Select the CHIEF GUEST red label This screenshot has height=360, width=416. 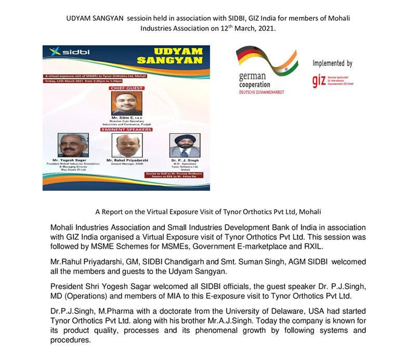pyautogui.click(x=126, y=88)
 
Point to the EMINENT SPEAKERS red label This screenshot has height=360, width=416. pyautogui.click(x=126, y=130)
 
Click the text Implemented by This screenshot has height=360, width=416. pyautogui.click(x=332, y=63)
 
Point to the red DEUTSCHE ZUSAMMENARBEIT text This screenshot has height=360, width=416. pyautogui.click(x=262, y=92)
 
